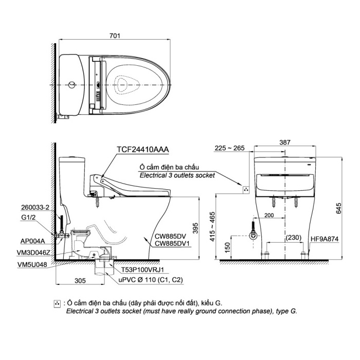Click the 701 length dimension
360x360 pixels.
click(x=115, y=36)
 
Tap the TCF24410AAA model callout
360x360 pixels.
click(x=143, y=150)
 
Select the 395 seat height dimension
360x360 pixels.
click(x=195, y=228)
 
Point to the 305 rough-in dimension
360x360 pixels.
click(x=80, y=281)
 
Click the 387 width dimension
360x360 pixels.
click(x=285, y=142)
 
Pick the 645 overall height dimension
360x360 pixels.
click(x=338, y=208)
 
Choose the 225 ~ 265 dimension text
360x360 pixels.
click(x=229, y=148)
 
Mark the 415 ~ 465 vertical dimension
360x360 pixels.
click(x=212, y=226)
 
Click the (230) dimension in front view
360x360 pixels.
click(x=294, y=238)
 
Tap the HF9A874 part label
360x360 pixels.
click(x=325, y=239)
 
